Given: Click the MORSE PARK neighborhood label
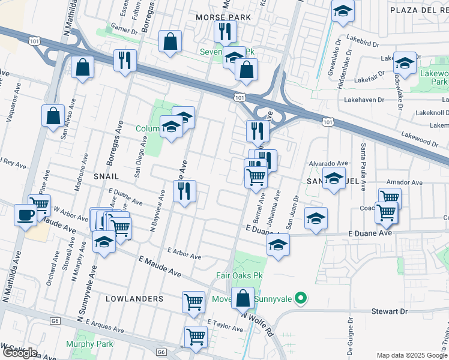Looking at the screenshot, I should (x=223, y=17).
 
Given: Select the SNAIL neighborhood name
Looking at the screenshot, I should (x=106, y=176).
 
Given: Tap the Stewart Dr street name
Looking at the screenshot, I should (x=406, y=311).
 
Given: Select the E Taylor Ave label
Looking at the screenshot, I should (x=225, y=325).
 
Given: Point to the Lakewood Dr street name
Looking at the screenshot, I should (x=420, y=142).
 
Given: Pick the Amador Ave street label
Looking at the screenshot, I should (x=405, y=182).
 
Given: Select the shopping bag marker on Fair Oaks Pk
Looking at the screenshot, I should (x=243, y=298).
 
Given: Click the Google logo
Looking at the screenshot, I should (x=20, y=352).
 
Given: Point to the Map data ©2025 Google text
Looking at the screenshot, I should (x=411, y=355).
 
